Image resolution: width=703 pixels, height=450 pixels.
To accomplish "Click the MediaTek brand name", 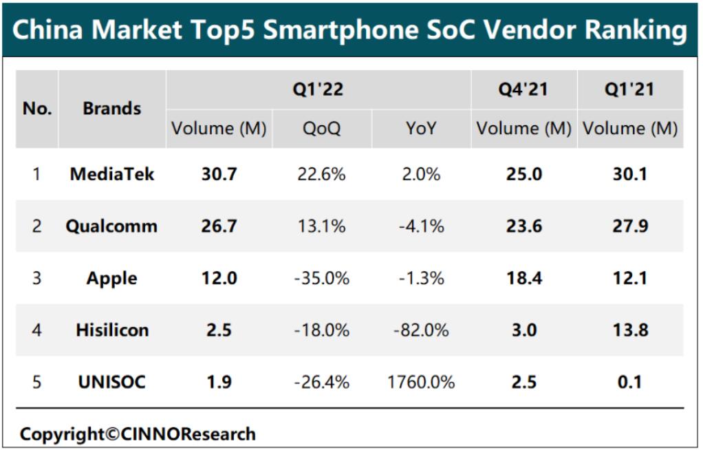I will point(112,174).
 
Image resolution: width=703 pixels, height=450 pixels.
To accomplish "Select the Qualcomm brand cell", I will point(111,226).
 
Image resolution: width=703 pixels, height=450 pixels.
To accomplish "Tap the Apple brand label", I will point(111,279).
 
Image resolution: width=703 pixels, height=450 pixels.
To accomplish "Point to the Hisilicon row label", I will point(112,330).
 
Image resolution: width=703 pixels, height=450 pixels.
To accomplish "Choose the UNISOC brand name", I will point(111,382).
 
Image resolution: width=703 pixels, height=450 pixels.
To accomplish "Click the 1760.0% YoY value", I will point(421,382).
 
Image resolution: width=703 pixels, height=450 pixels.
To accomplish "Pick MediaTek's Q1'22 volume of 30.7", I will point(219,174).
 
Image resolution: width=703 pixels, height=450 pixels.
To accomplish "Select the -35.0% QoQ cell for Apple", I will point(322,279).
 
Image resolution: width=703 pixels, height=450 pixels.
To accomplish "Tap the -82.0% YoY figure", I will point(421,330).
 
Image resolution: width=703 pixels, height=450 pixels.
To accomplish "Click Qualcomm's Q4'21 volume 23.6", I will point(524,226).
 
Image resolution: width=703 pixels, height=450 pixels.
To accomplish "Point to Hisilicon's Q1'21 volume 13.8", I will point(630,330).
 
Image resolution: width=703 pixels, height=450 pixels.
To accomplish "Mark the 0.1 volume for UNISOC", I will point(630,382).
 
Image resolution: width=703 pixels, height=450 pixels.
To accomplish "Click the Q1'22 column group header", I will point(318,89).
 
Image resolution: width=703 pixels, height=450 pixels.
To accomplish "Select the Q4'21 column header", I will point(524,89).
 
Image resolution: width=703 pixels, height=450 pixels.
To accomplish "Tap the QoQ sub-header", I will point(322,129).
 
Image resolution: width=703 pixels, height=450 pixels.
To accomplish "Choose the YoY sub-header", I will point(421,129).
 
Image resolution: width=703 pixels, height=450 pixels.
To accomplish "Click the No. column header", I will point(37,109).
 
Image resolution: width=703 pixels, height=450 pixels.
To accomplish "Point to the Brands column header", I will point(112,109).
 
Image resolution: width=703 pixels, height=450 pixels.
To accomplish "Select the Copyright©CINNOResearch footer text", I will point(138,434).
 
